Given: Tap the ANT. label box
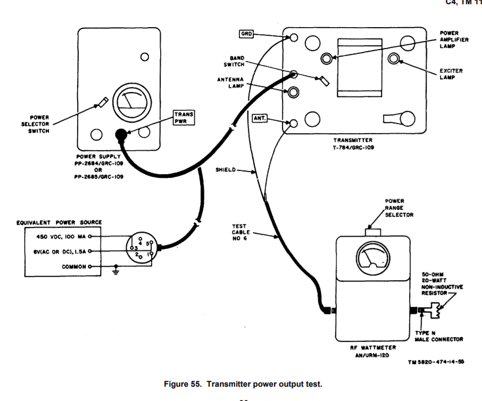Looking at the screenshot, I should tap(259, 118).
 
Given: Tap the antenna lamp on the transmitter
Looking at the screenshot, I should tap(293, 92).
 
